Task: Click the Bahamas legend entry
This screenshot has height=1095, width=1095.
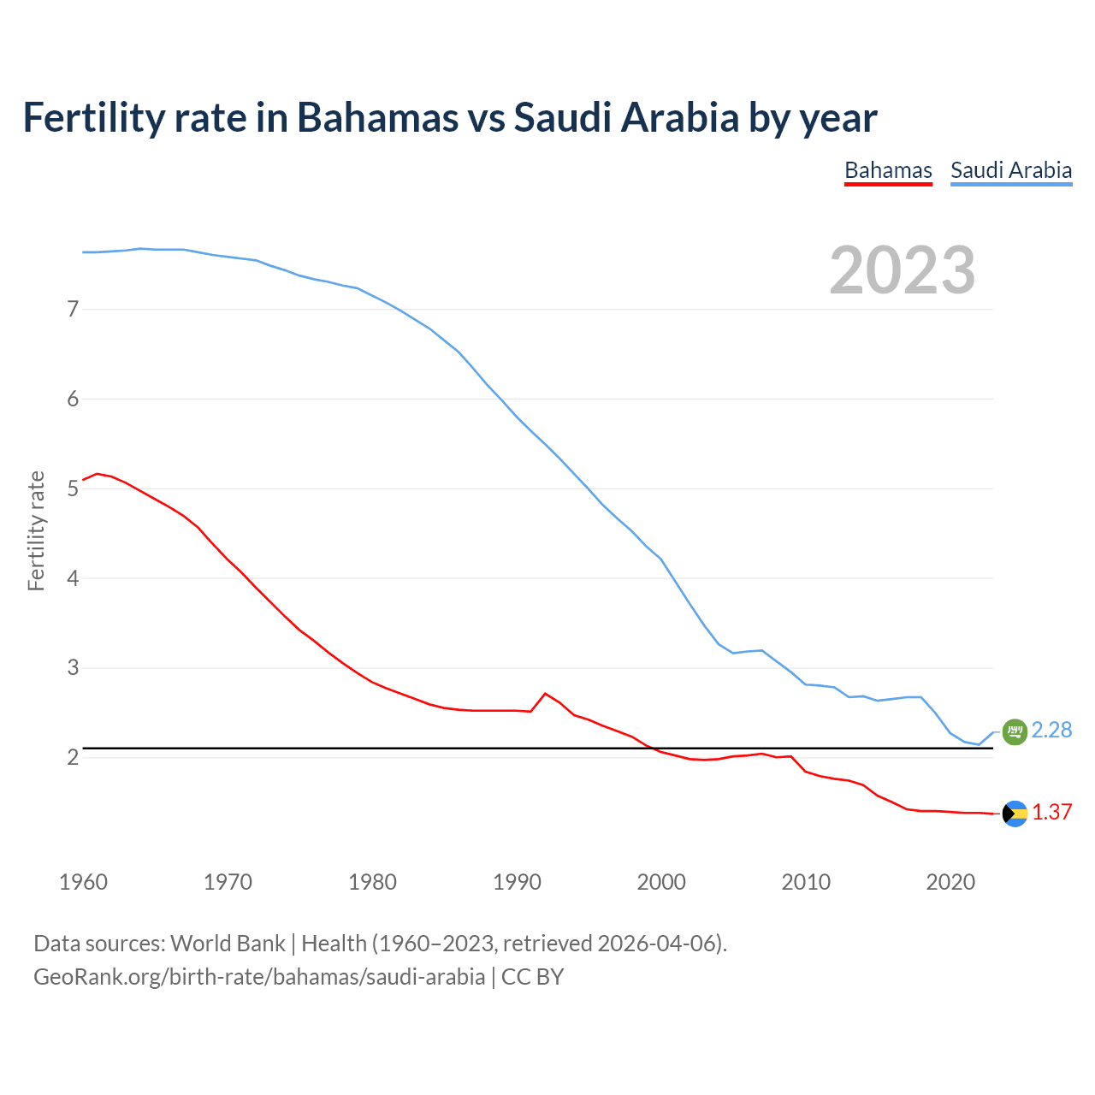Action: pyautogui.click(x=888, y=170)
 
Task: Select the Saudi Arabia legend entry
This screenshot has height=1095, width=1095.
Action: pyautogui.click(x=1011, y=170)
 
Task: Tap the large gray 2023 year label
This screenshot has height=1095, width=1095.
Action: pyautogui.click(x=903, y=270)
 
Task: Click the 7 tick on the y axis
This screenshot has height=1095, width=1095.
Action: pyautogui.click(x=73, y=309)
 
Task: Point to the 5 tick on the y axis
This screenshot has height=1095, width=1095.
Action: pyautogui.click(x=73, y=488)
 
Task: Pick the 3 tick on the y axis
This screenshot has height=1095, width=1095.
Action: pyautogui.click(x=73, y=667)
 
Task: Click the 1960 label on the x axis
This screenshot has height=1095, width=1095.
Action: pyautogui.click(x=83, y=882)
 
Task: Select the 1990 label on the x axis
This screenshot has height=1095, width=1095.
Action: pyautogui.click(x=517, y=882)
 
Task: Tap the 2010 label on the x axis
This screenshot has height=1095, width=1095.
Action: pyautogui.click(x=806, y=882)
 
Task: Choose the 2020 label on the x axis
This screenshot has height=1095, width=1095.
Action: pyautogui.click(x=950, y=882)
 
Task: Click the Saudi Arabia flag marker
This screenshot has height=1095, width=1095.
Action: pyautogui.click(x=1015, y=731)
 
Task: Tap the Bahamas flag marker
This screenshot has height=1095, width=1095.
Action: pyautogui.click(x=1015, y=814)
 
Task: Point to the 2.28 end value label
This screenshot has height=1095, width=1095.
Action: pyautogui.click(x=1051, y=730)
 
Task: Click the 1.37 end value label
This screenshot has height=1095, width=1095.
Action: pyautogui.click(x=1051, y=812)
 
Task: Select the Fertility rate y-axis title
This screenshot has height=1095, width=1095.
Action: pyautogui.click(x=36, y=530)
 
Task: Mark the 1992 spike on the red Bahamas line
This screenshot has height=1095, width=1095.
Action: pyautogui.click(x=545, y=694)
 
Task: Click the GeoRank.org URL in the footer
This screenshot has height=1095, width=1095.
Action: pyautogui.click(x=258, y=977)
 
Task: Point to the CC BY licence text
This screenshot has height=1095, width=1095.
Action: pyautogui.click(x=532, y=977)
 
